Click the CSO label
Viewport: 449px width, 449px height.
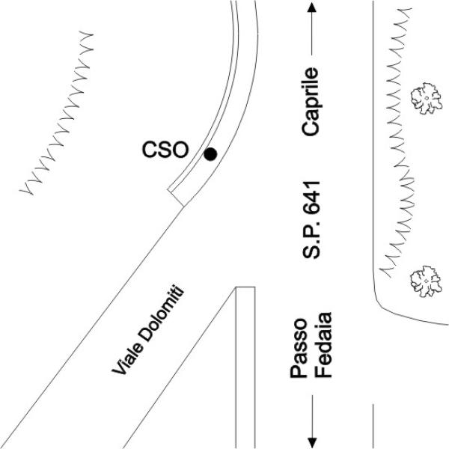(165, 150)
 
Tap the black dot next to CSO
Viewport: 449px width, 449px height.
(211, 154)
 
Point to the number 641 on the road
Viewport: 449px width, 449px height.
(312, 198)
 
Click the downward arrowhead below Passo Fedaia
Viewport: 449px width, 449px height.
(312, 442)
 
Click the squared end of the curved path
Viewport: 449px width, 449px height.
(177, 197)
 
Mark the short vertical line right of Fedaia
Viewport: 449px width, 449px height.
(373, 426)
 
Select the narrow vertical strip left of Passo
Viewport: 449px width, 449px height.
(245, 367)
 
